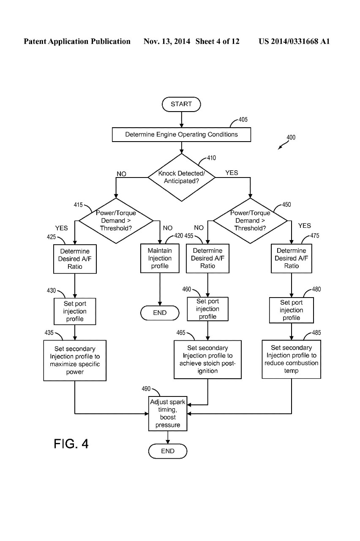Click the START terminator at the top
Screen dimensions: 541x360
pyautogui.click(x=181, y=104)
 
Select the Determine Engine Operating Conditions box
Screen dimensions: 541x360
pyautogui.click(x=181, y=135)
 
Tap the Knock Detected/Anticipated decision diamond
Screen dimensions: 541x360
pyautogui.click(x=181, y=177)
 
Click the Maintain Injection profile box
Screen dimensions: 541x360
pyautogui.click(x=160, y=258)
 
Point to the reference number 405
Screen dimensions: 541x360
pyautogui.click(x=243, y=120)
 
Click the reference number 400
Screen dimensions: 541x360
pyautogui.click(x=291, y=137)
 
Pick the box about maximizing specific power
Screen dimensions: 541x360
pyautogui.click(x=75, y=361)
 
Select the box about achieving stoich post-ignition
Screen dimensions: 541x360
pyautogui.click(x=207, y=360)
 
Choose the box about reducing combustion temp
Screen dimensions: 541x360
pyautogui.click(x=291, y=359)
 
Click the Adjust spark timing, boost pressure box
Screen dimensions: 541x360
pyautogui.click(x=168, y=413)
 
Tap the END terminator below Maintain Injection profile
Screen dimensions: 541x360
pyautogui.click(x=160, y=313)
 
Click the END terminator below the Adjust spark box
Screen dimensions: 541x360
pyautogui.click(x=168, y=451)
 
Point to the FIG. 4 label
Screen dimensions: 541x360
pyautogui.click(x=71, y=444)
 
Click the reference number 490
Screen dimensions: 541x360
pyautogui.click(x=146, y=389)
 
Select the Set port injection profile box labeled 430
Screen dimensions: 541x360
pyautogui.click(x=75, y=311)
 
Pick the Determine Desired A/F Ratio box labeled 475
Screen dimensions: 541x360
pyautogui.click(x=291, y=258)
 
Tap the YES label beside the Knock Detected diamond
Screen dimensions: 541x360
pyautogui.click(x=232, y=173)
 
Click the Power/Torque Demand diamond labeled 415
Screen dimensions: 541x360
pyautogui.click(x=116, y=220)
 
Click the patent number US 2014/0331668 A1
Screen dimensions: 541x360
pyautogui.click(x=294, y=41)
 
